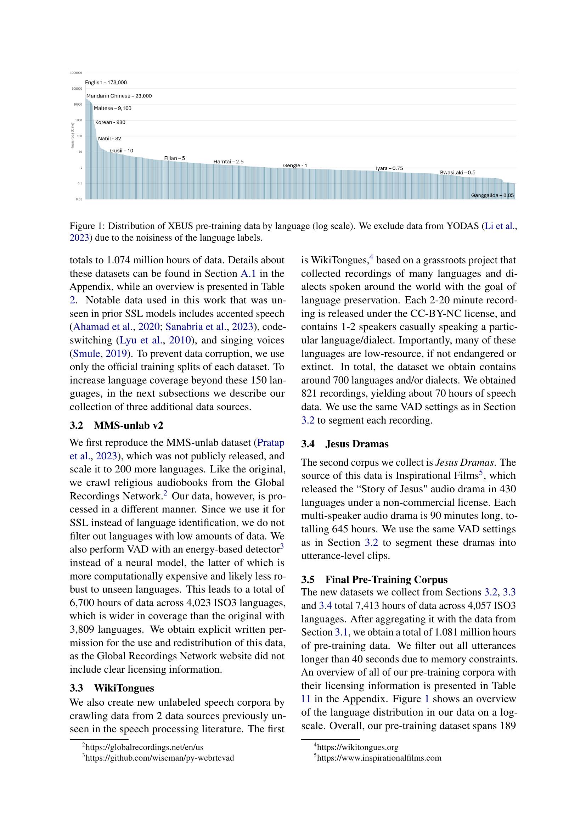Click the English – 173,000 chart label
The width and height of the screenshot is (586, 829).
coord(106,83)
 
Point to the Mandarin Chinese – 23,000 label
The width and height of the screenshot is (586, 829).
coord(119,96)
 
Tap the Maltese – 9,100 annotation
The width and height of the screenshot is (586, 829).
coord(112,108)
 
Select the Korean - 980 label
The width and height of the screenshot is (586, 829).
coord(110,122)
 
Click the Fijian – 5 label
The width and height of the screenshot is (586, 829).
coord(174,158)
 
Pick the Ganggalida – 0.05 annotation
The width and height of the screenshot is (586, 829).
coord(492,195)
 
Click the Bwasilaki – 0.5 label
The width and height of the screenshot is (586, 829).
coord(457,173)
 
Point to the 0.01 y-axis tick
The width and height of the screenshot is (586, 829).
coord(78,199)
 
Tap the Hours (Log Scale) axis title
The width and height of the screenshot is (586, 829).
coord(72,136)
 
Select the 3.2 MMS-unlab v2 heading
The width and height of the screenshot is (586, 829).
coord(116,425)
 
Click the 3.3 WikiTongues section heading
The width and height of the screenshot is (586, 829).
coord(112,688)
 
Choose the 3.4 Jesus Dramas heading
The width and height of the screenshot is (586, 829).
coord(345,444)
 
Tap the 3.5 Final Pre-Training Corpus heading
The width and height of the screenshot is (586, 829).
coord(374,579)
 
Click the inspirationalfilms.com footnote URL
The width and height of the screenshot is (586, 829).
coord(379,757)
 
